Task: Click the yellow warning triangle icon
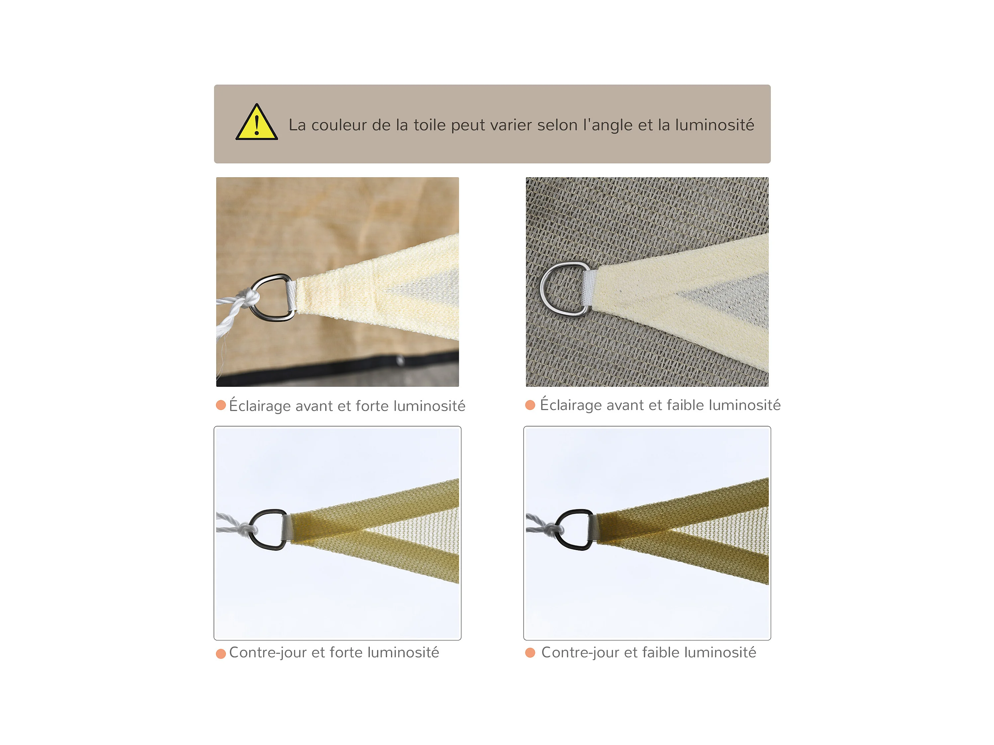(256, 122)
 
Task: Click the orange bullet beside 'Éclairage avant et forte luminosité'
(221, 405)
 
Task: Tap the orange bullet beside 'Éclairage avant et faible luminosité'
(530, 405)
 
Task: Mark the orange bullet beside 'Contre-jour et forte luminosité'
(221, 653)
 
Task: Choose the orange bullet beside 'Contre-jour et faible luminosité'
(530, 652)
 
